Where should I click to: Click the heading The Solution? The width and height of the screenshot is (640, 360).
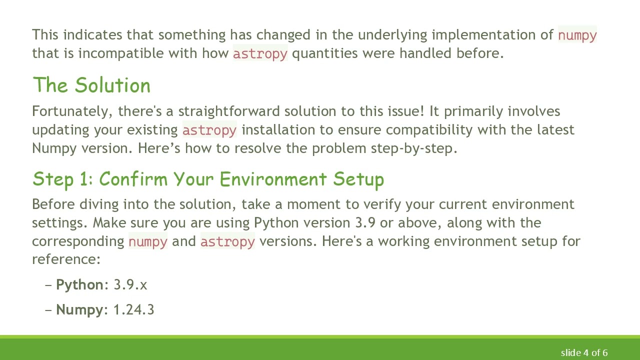(x=91, y=85)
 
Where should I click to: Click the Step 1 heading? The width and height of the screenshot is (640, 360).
(x=208, y=179)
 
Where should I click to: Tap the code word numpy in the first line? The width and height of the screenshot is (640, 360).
(x=577, y=35)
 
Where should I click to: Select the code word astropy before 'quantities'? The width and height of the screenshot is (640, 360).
(x=260, y=53)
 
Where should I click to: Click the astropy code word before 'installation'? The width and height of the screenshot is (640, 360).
(x=209, y=130)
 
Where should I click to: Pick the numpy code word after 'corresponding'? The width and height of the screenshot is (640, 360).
(x=148, y=241)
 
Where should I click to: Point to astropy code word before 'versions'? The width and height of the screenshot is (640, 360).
(x=227, y=241)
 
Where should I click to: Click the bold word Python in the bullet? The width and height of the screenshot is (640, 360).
(x=79, y=284)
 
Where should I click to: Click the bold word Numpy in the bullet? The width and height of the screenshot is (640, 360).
(x=79, y=309)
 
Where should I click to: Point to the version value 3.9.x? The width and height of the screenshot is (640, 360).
(x=130, y=284)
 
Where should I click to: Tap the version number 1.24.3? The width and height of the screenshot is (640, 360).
(x=134, y=309)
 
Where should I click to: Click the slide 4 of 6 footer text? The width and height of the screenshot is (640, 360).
(x=584, y=352)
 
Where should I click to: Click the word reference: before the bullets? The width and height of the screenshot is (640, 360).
(x=66, y=259)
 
